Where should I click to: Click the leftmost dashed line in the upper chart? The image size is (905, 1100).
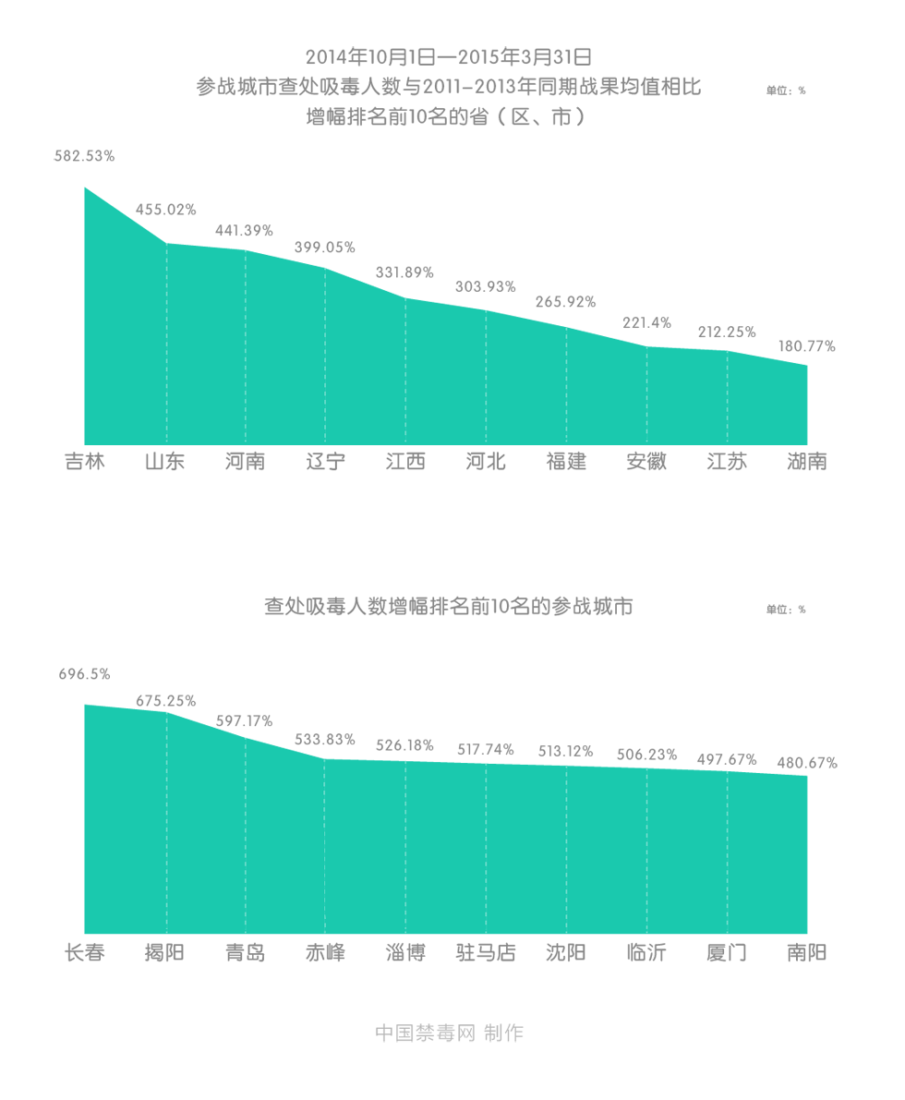pyautogui.click(x=166, y=332)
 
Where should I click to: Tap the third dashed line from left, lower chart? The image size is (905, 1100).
pyautogui.click(x=325, y=840)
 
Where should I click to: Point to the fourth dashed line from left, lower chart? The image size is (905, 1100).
pyautogui.click(x=405, y=844)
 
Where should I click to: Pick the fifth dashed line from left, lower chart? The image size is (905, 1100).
pyautogui.click(x=486, y=846)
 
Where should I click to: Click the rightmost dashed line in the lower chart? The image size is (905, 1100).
pyautogui.click(x=727, y=850)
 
